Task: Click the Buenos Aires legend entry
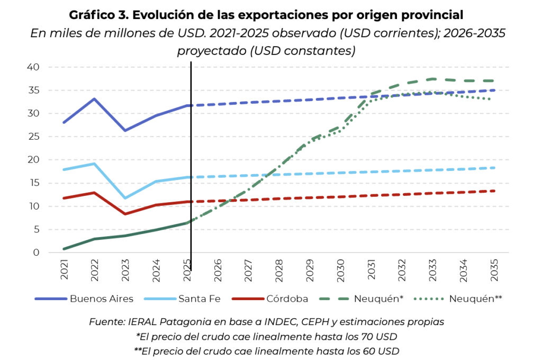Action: (x=84, y=299)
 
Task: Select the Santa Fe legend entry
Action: (x=182, y=299)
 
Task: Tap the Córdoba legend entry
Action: (x=270, y=299)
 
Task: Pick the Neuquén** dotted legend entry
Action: (x=458, y=299)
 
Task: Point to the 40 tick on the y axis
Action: (x=33, y=67)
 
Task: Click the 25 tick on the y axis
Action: (x=33, y=137)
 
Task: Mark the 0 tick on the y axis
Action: (x=37, y=253)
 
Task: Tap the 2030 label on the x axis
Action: (x=340, y=270)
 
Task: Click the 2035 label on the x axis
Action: (x=494, y=270)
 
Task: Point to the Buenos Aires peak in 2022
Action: (x=94, y=99)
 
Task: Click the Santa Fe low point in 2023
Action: (x=125, y=198)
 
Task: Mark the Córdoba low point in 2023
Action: (x=125, y=214)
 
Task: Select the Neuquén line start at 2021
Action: (x=64, y=249)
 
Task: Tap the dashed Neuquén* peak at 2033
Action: (x=433, y=79)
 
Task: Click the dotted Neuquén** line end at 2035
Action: (x=491, y=99)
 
